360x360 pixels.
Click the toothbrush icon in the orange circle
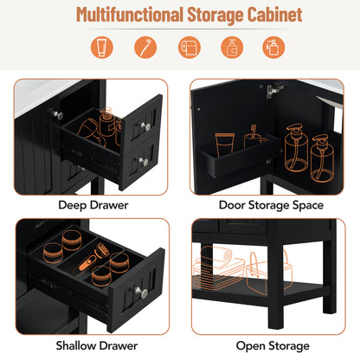tap(145, 48)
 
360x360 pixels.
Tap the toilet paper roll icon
tap(189, 48)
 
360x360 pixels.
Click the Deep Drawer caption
tap(93, 205)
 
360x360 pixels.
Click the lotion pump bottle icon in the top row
tap(232, 48)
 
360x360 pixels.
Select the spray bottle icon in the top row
tap(272, 48)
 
